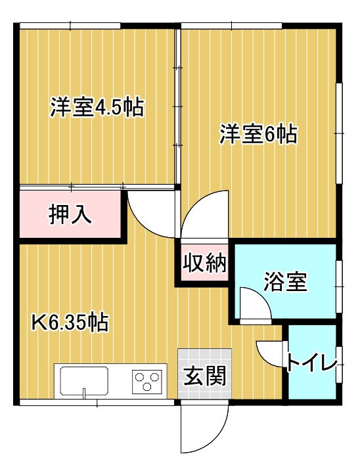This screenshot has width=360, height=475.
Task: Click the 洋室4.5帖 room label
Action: [97, 107]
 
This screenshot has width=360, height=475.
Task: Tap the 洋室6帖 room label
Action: [258, 133]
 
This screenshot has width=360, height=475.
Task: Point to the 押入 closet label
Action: [70, 214]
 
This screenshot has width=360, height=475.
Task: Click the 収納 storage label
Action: [204, 262]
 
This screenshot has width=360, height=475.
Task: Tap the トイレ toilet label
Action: [312, 362]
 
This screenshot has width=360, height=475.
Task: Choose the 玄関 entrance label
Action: [205, 375]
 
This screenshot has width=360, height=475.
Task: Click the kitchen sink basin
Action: [84, 381]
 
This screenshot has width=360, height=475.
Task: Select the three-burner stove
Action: [147, 382]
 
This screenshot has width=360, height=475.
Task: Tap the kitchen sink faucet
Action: [84, 393]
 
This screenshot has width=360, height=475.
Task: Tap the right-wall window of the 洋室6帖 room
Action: [340, 133]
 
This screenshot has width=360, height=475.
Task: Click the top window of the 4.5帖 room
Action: [70, 26]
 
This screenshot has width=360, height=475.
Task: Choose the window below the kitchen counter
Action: [97, 402]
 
